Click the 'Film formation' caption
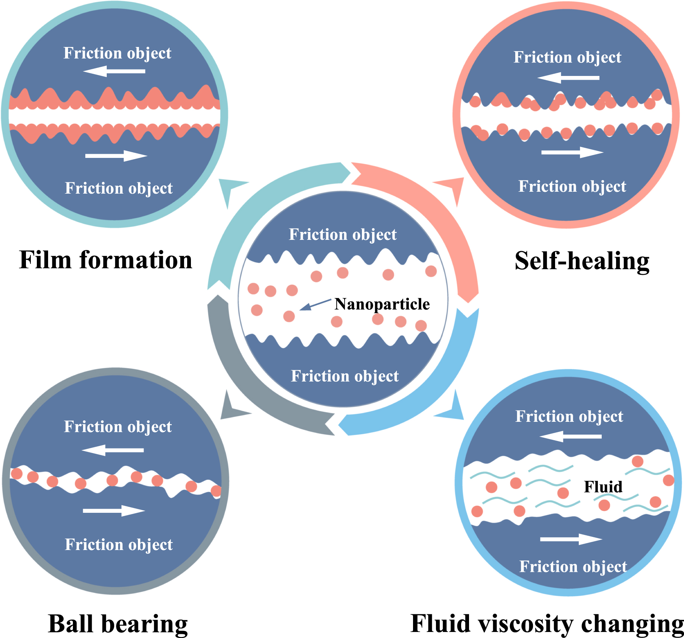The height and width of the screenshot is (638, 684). coord(106,260)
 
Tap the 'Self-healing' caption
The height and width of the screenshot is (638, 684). coord(582,261)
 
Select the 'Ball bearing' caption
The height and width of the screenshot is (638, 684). coord(118,624)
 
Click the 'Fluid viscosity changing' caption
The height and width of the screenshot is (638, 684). coord(547,624)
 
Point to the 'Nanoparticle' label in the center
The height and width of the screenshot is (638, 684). coord(382,304)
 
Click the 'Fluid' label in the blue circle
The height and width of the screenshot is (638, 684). coord(603,487)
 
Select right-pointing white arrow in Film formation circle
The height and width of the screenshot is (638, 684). coord(116,156)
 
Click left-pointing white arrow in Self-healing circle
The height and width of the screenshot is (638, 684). coord(568,78)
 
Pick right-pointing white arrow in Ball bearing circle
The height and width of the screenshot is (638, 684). coord(114,511)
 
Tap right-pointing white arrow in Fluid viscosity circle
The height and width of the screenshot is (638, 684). coord(571,539)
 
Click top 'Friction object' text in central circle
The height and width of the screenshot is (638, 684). coord(342,235)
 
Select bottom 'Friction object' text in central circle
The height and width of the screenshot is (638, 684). coord(345,376)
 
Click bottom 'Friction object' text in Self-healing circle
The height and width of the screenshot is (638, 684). coord(572,186)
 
